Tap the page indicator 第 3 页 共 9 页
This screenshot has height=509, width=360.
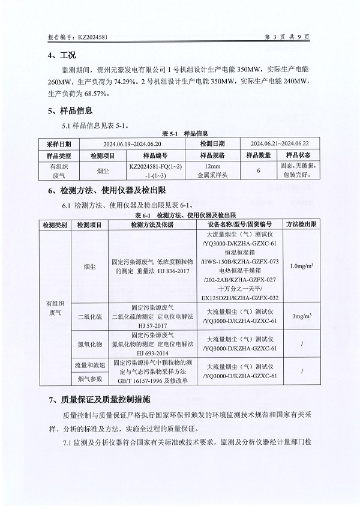[287, 37]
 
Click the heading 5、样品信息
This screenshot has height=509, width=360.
[70, 110]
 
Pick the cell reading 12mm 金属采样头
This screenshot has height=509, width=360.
[212, 171]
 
